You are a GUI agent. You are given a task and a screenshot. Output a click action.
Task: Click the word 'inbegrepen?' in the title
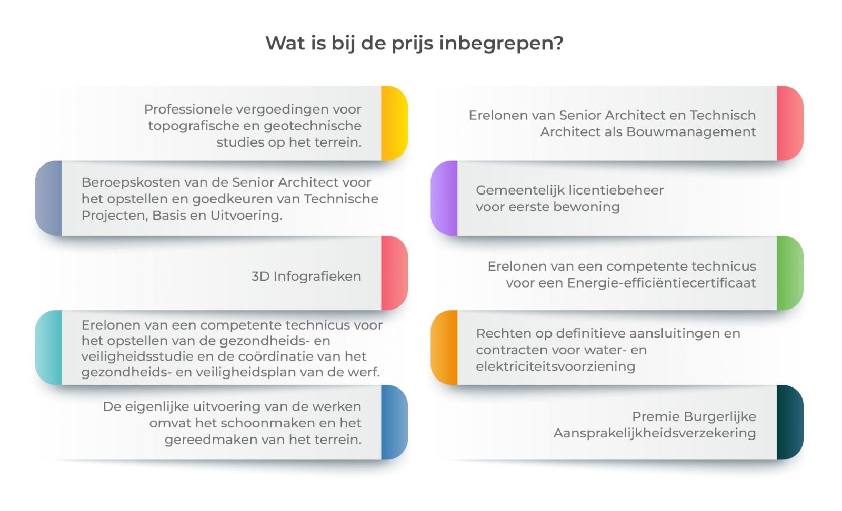(x=501, y=43)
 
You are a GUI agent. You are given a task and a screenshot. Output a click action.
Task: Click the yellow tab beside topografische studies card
(x=394, y=124)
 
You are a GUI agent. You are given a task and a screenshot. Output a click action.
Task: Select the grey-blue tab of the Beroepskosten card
(x=49, y=198)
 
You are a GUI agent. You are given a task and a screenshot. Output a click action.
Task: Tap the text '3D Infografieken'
(x=306, y=277)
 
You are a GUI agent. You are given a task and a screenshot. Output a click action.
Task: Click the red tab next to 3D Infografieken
(x=394, y=273)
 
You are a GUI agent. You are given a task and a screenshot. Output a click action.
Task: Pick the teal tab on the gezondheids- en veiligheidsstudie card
(x=49, y=348)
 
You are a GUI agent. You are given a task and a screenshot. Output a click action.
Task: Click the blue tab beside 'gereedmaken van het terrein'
(x=394, y=422)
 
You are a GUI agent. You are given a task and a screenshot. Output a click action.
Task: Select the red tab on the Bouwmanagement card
(x=789, y=124)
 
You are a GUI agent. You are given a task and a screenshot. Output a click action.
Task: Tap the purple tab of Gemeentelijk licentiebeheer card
(x=444, y=198)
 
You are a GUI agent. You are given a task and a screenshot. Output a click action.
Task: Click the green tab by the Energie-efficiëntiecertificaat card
(x=789, y=273)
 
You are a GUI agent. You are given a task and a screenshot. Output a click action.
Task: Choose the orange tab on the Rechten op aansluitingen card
(x=444, y=348)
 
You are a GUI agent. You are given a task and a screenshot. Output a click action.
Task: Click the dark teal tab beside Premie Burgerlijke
(x=789, y=422)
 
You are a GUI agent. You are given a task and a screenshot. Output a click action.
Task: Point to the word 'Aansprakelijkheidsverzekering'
(x=654, y=433)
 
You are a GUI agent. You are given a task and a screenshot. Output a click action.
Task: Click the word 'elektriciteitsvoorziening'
(x=555, y=366)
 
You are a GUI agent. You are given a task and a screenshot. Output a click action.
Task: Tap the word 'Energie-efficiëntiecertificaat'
(x=661, y=283)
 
